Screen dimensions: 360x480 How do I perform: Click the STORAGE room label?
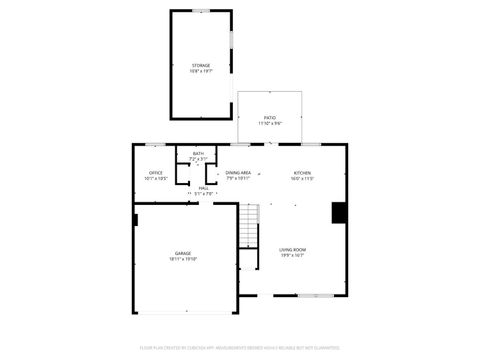pos(201,66)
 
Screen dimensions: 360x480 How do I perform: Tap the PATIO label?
pos(270,118)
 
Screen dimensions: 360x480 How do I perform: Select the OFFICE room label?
pos(155,173)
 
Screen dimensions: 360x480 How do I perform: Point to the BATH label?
pos(198,154)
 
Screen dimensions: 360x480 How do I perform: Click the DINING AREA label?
pos(238,173)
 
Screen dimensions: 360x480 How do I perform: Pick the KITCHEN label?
pos(302,173)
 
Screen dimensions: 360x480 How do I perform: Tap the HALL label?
pos(203,189)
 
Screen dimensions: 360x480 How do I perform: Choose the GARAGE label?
pos(183,253)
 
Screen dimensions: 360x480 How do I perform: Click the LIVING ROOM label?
pos(292,249)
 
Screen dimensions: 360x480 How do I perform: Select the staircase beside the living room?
pos(249,227)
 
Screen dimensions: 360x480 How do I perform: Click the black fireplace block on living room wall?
pos(340,213)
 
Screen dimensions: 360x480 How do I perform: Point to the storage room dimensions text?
pos(201,72)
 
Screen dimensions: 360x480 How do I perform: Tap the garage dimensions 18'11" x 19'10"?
pos(183,259)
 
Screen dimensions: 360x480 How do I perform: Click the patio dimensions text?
pos(270,124)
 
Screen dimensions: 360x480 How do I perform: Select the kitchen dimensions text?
pos(302,179)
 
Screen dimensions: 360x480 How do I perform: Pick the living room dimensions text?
pos(292,255)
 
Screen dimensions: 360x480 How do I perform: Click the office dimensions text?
pos(155,179)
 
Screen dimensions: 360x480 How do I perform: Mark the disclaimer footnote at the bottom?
pos(239,348)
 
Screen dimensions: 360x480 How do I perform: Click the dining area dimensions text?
pos(238,179)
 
